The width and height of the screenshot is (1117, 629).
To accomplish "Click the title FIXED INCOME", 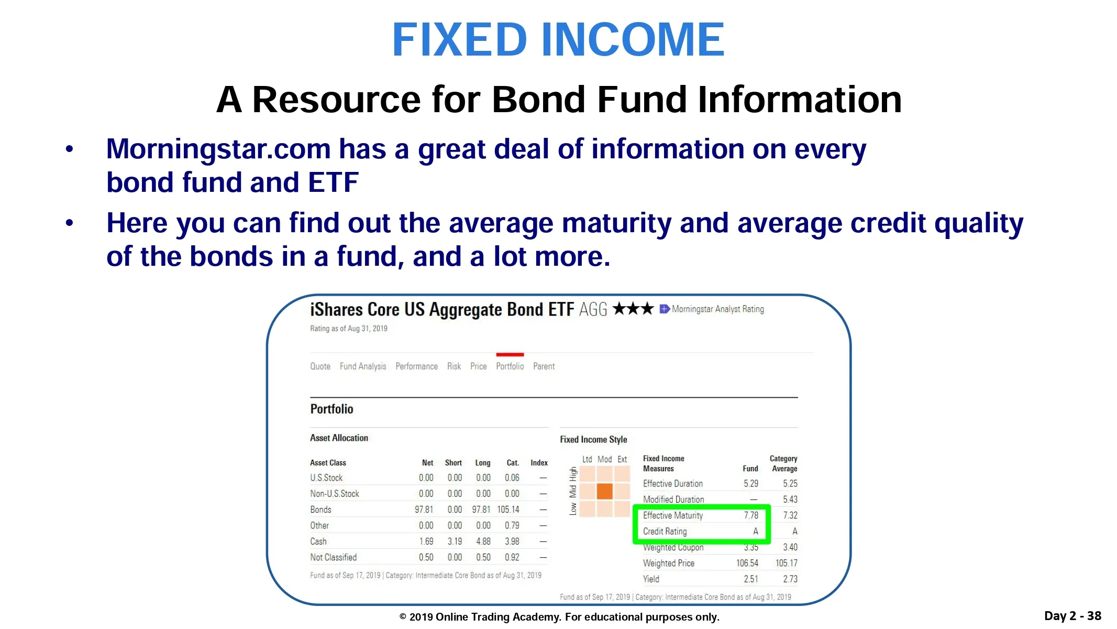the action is click(558, 40).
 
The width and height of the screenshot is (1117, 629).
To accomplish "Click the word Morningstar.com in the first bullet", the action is click(218, 149).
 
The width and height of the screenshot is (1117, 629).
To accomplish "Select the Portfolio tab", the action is click(510, 366).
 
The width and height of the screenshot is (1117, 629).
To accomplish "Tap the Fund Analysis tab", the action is click(363, 366).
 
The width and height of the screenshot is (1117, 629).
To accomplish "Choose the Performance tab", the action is click(416, 366).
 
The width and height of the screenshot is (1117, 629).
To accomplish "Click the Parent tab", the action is click(544, 366).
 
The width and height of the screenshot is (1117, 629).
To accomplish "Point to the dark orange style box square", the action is click(604, 491).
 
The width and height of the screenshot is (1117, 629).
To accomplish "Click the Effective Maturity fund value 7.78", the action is click(751, 515).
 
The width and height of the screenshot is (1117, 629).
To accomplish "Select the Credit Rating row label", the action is click(665, 532).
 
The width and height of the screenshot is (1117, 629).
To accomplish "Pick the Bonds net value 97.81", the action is click(424, 509).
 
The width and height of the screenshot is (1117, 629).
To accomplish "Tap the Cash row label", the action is click(318, 541).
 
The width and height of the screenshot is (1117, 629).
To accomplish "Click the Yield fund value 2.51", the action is click(750, 579).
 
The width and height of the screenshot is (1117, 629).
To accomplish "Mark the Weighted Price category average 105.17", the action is click(786, 563).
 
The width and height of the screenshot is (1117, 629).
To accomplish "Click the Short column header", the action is click(453, 463).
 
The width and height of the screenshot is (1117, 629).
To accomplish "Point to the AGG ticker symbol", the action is click(593, 309).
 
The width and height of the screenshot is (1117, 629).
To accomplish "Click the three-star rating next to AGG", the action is click(633, 308).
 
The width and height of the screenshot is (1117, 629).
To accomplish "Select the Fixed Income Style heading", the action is click(593, 439).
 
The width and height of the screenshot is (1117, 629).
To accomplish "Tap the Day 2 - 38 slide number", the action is click(1072, 616).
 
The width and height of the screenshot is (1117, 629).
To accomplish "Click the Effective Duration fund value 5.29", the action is click(750, 484).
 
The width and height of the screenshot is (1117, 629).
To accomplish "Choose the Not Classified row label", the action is click(333, 557).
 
